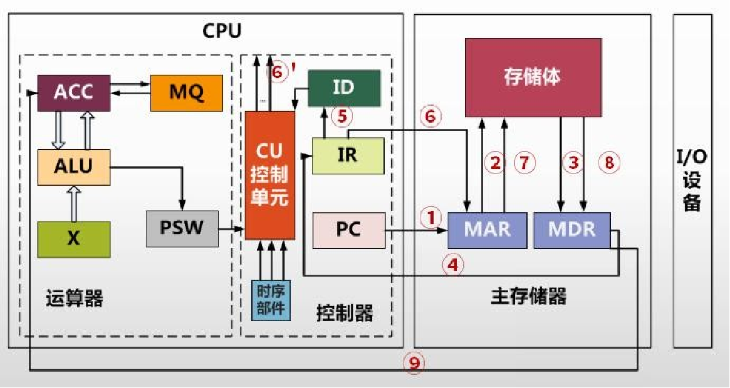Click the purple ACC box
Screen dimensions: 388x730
73,93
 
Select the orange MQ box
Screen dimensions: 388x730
187,93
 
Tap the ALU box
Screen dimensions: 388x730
73,166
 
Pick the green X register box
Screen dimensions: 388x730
73,238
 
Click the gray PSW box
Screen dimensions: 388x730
182,228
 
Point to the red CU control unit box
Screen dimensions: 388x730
269,175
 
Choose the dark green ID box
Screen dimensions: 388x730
343,88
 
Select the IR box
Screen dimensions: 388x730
347,155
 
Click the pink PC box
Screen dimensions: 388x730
348,230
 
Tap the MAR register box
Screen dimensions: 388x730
487,230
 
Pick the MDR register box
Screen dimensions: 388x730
571,230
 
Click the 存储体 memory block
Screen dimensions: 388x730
533,77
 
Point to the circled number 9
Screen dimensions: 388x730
413,363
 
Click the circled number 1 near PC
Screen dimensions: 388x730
430,217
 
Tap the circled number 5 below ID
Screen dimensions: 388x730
343,116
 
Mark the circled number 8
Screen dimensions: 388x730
608,163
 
